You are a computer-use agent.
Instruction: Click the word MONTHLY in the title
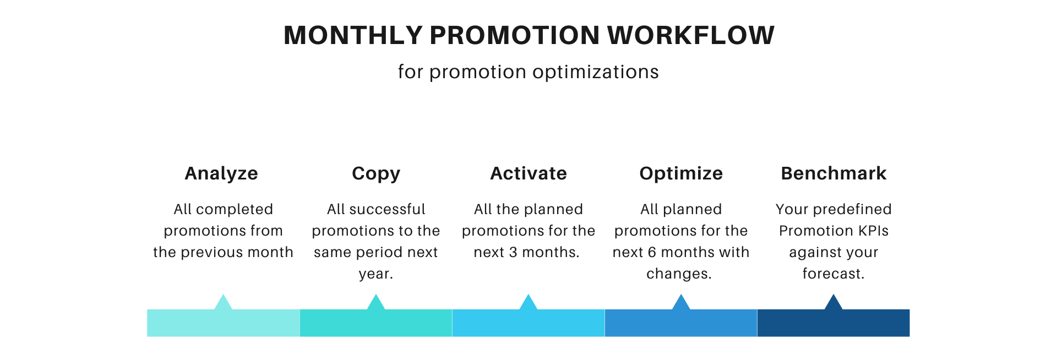pyautogui.click(x=353, y=35)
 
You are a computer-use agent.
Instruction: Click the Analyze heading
pyautogui.click(x=221, y=173)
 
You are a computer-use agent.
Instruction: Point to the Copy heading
pyautogui.click(x=376, y=173)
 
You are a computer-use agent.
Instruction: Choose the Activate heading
pyautogui.click(x=528, y=173)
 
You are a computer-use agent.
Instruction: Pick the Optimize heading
pyautogui.click(x=681, y=173)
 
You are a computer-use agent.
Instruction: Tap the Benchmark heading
pyautogui.click(x=833, y=173)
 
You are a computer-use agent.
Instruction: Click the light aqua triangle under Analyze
pyautogui.click(x=223, y=303)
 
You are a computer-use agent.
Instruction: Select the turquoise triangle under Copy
pyautogui.click(x=376, y=303)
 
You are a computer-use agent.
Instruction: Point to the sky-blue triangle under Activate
pyautogui.click(x=528, y=303)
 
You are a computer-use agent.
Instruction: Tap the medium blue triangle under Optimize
pyautogui.click(x=681, y=303)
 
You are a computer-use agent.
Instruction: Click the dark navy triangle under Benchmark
pyautogui.click(x=833, y=303)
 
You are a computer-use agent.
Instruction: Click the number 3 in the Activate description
pyautogui.click(x=513, y=252)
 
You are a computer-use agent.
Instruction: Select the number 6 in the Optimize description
pyautogui.click(x=652, y=252)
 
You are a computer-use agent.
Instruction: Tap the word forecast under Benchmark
pyautogui.click(x=831, y=274)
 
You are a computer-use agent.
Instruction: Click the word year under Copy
pyautogui.click(x=374, y=274)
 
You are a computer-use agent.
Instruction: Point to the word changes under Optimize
pyautogui.click(x=677, y=274)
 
